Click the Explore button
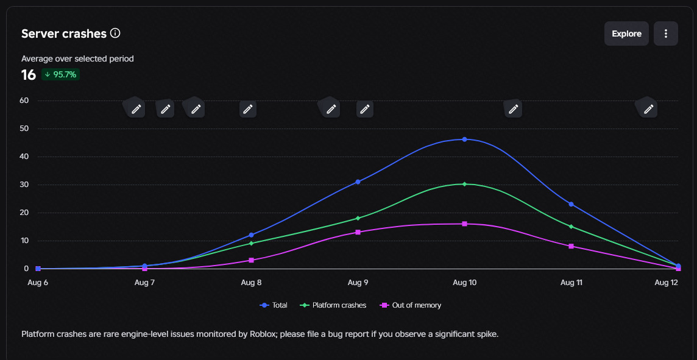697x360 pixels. coord(626,34)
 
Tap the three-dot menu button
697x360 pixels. coord(665,34)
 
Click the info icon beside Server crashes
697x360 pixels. coord(115,33)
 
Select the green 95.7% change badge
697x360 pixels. coord(60,75)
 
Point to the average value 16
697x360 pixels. coord(29,75)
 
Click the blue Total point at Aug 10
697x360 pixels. coord(464,139)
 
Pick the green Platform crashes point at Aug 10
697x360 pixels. coord(464,184)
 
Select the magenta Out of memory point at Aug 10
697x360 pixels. coord(464,224)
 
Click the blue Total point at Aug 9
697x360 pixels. coord(358,182)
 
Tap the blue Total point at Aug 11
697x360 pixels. coord(571,204)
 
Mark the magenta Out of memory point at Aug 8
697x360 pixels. coord(251,260)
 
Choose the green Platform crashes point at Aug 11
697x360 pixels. coord(571,227)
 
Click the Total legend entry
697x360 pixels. coord(274,305)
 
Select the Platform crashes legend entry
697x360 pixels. coord(333,305)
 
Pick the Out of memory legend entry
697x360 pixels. coord(410,305)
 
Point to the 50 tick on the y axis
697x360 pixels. coord(24,129)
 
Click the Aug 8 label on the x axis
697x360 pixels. coord(251,282)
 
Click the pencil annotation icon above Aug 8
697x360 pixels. coord(248,109)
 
